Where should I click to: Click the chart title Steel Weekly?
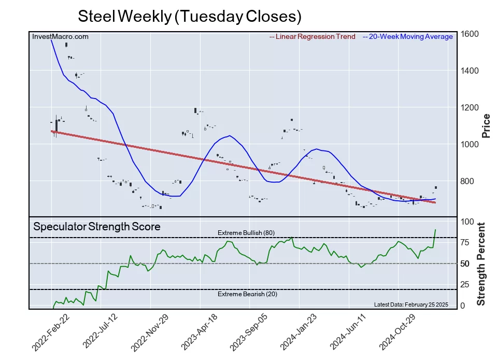tap(189, 16)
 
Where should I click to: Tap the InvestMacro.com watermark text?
tap(60, 36)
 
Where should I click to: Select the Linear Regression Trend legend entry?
tap(313, 37)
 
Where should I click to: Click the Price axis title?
tap(486, 126)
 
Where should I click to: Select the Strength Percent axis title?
tap(481, 264)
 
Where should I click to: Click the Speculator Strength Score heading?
tap(97, 227)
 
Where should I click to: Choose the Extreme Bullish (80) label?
tap(246, 233)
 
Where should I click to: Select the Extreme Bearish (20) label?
tap(247, 294)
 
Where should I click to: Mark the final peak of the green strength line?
tap(435, 229)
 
